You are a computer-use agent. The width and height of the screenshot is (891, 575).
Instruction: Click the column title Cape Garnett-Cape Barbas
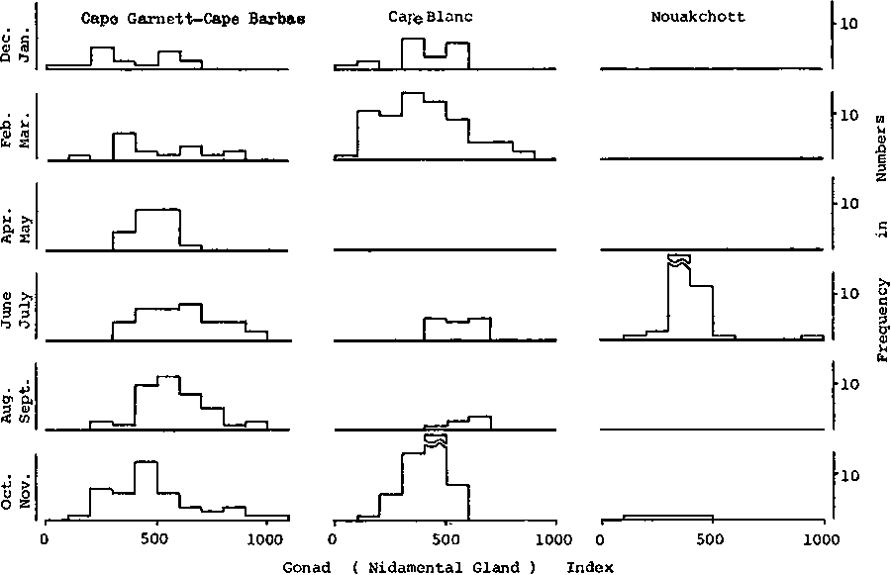pos(190,17)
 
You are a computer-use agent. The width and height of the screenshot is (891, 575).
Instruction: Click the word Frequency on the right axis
pos(881,314)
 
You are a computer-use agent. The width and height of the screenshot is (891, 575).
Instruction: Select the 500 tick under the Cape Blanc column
pos(445,539)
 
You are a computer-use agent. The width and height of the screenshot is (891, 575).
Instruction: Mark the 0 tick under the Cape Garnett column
pos(44,539)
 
